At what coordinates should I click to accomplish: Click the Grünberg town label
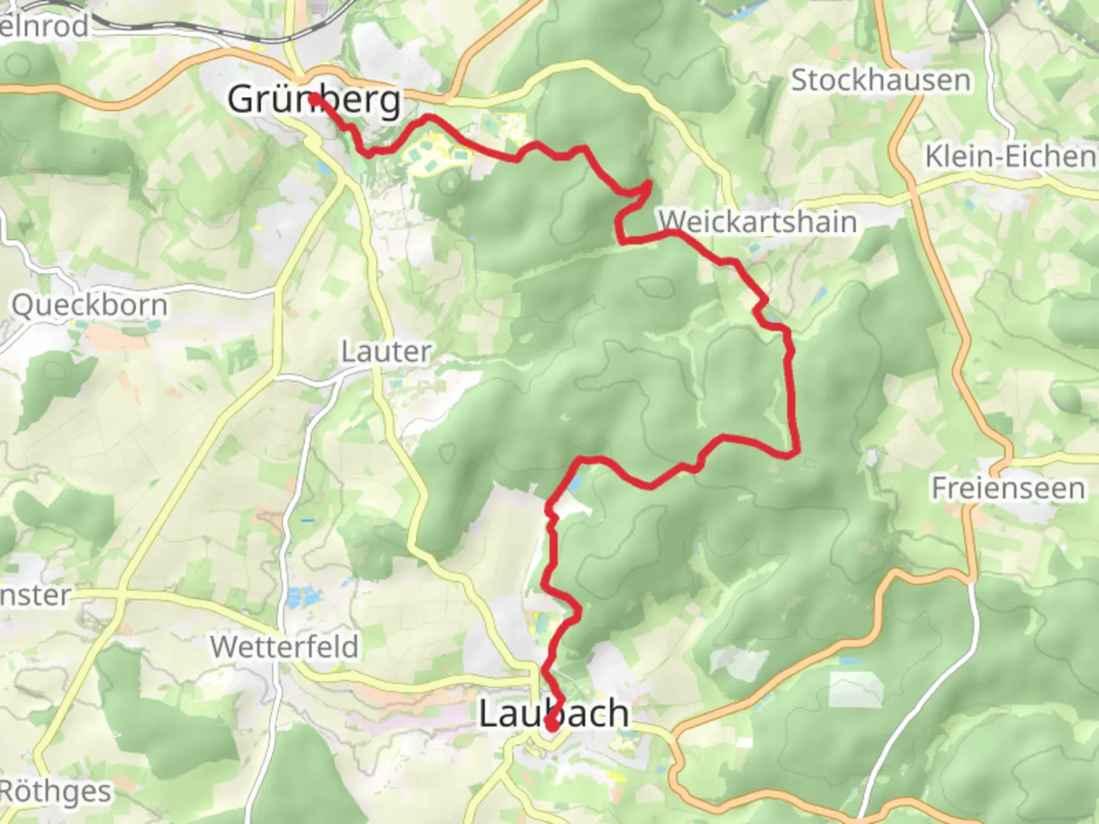(x=314, y=100)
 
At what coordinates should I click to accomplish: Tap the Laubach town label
(x=554, y=713)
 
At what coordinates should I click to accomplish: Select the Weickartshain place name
(x=758, y=222)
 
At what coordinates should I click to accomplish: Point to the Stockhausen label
(x=881, y=80)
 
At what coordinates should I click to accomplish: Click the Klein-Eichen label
(x=1010, y=156)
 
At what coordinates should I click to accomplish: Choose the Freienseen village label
(x=1007, y=488)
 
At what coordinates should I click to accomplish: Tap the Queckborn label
(x=89, y=305)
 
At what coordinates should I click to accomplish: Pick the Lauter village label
(x=386, y=352)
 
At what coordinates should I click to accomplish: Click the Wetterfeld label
(x=285, y=647)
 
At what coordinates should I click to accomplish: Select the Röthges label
(x=55, y=791)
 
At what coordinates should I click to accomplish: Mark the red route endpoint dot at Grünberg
(x=314, y=98)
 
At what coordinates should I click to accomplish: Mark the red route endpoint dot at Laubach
(x=550, y=724)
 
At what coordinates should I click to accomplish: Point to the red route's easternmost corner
(x=797, y=452)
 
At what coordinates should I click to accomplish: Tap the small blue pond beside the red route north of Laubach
(x=574, y=483)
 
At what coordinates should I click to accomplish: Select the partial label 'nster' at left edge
(x=35, y=595)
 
